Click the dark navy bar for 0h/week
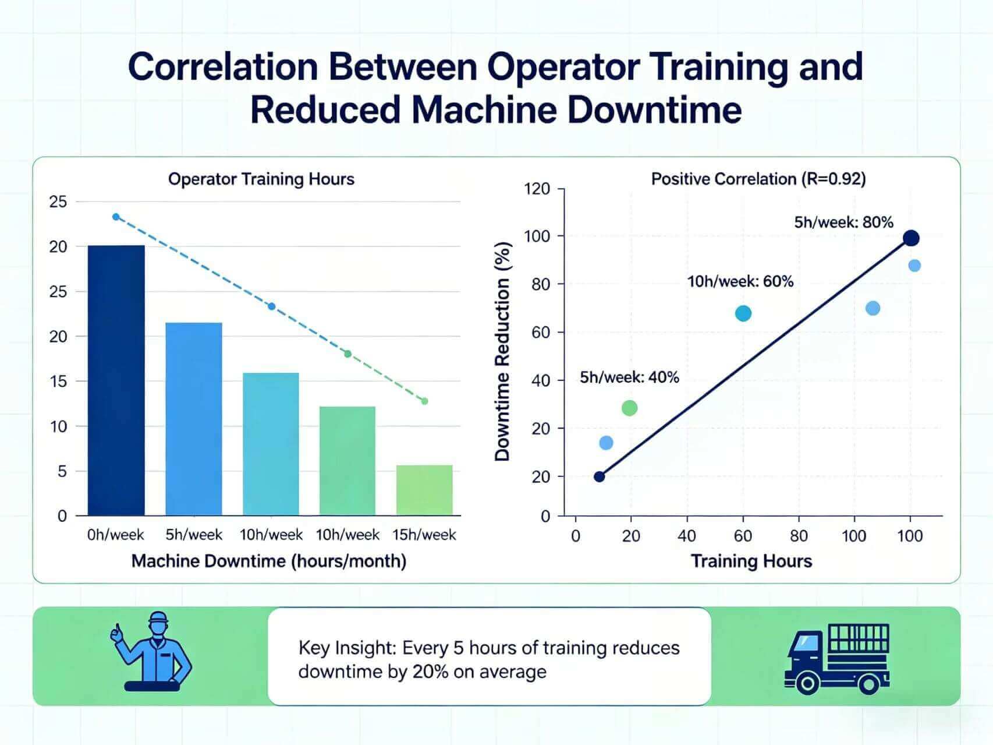click(116, 380)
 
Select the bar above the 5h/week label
click(194, 419)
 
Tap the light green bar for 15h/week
click(424, 490)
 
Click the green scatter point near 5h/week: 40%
click(629, 408)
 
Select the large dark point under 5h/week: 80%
click(912, 238)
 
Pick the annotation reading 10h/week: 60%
click(740, 281)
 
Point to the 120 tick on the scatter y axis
click(537, 189)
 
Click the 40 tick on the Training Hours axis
click(687, 535)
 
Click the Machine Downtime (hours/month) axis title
click(268, 561)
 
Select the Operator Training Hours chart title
click(261, 179)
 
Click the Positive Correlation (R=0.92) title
click(758, 179)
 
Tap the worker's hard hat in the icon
click(158, 619)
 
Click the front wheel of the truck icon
click(807, 683)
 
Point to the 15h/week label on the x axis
click(424, 535)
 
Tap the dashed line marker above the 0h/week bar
click(116, 217)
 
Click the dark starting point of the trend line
click(599, 476)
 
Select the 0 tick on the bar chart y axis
click(62, 516)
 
